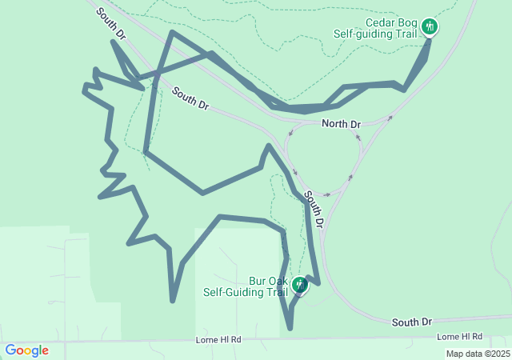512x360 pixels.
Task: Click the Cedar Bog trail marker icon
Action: tap(430, 27)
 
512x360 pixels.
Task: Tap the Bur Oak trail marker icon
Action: tap(299, 284)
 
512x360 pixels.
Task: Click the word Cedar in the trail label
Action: tap(378, 22)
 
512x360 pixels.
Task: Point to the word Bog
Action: tap(407, 22)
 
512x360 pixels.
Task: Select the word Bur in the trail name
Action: tap(258, 282)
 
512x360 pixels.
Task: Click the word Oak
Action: tap(278, 282)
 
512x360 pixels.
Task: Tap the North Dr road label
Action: tap(342, 124)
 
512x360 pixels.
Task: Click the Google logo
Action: tap(26, 350)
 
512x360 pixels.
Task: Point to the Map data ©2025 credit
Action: tap(477, 354)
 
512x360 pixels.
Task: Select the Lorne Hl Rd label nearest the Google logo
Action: tap(218, 340)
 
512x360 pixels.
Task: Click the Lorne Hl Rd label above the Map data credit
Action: tap(460, 337)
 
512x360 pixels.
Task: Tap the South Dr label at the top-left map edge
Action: tap(111, 24)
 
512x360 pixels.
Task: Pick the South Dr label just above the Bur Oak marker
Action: tap(314, 208)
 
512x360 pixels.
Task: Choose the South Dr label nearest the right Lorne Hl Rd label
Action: tap(411, 322)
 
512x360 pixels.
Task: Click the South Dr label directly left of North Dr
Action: tap(190, 99)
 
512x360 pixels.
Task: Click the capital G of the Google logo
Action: tap(10, 350)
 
